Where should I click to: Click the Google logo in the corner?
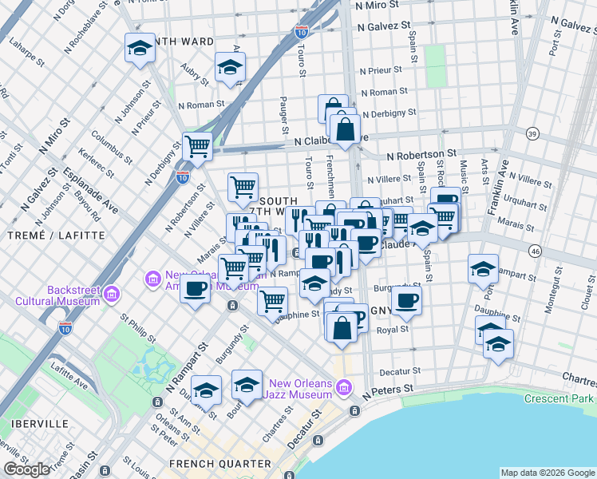pyautogui.click(x=26, y=469)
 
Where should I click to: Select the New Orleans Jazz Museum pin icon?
pyautogui.click(x=343, y=388)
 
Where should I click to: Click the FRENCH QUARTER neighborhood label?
pyautogui.click(x=219, y=463)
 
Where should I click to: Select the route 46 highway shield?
pyautogui.click(x=535, y=251)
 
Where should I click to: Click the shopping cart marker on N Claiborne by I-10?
pyautogui.click(x=197, y=146)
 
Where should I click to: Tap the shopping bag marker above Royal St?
pyautogui.click(x=342, y=327)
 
